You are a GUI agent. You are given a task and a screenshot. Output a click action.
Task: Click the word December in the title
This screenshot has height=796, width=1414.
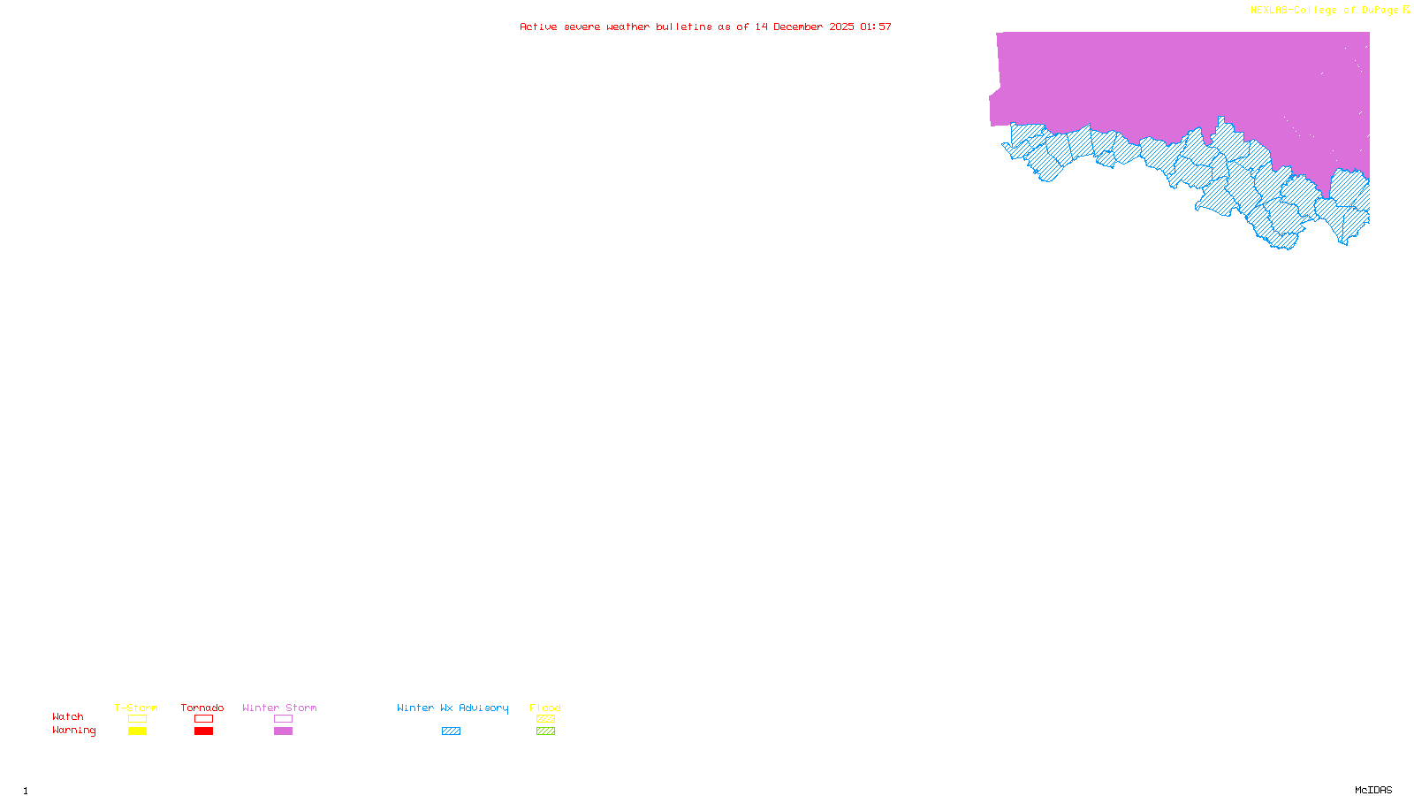[x=798, y=27]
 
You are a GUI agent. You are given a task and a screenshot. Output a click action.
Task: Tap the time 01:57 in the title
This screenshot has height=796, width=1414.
[x=876, y=27]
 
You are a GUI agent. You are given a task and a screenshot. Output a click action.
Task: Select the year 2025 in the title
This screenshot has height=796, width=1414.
[x=842, y=27]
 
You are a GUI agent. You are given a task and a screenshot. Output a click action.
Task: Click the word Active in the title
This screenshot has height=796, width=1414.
[x=538, y=27]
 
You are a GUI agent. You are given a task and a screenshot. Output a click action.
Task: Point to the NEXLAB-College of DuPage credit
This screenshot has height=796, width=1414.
[x=1324, y=11]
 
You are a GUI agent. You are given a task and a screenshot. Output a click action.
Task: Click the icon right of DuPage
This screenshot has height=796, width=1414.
[x=1406, y=10]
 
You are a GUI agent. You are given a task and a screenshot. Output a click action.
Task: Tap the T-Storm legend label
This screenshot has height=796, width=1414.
[x=136, y=708]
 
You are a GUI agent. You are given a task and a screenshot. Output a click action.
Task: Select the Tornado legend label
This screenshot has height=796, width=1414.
[x=202, y=708]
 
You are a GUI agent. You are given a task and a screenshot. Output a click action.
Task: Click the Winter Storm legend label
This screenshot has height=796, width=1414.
[x=279, y=708]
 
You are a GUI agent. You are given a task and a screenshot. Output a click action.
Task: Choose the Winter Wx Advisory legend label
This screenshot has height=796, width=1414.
[x=452, y=708]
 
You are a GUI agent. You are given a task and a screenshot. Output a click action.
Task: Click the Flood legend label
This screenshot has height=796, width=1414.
[x=545, y=708]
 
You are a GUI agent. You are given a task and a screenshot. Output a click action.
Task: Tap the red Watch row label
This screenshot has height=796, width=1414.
[x=68, y=716]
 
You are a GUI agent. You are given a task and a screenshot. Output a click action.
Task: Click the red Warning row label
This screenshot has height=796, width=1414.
[x=74, y=731]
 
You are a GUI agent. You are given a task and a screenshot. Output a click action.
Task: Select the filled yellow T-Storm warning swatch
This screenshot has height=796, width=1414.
[x=137, y=731]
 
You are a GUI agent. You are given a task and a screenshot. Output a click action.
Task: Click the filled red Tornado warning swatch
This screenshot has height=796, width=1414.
[x=204, y=731]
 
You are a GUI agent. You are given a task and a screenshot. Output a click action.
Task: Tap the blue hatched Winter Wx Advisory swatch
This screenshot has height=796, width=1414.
[x=452, y=731]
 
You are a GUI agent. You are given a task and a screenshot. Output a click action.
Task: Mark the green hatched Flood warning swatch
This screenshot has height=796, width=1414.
[x=546, y=731]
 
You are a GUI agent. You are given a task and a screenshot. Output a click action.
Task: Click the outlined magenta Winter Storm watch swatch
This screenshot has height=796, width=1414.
[x=283, y=719]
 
